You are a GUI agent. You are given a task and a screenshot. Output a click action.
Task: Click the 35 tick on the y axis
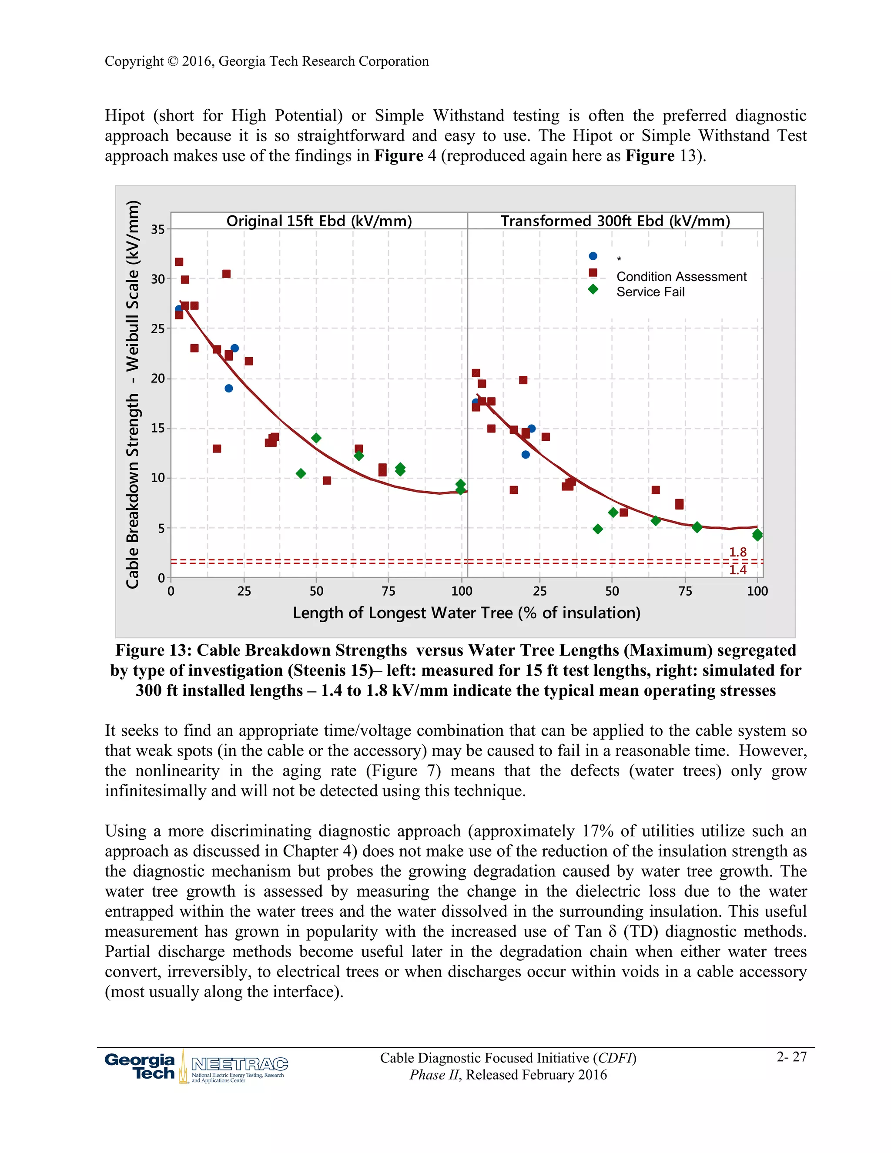point(158,229)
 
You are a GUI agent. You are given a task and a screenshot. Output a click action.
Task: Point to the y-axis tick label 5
point(161,528)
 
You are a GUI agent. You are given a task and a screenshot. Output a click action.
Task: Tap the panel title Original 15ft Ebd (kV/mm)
point(319,221)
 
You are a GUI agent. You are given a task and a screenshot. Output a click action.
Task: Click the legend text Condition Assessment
point(681,277)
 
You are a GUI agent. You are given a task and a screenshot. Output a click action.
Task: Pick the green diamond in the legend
point(593,289)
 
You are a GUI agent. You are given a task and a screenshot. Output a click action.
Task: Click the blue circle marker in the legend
point(593,256)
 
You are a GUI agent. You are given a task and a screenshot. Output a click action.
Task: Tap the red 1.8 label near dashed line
point(737,552)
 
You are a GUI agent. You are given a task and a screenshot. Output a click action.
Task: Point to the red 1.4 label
point(737,570)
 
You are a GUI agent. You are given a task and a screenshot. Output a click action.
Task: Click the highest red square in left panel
point(179,262)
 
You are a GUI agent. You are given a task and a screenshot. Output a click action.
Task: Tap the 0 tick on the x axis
point(171,591)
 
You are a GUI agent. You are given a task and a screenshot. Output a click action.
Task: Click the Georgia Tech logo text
point(141,1066)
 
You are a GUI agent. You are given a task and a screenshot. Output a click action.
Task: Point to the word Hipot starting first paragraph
point(124,116)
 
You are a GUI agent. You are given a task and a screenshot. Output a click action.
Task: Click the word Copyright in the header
point(134,61)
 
